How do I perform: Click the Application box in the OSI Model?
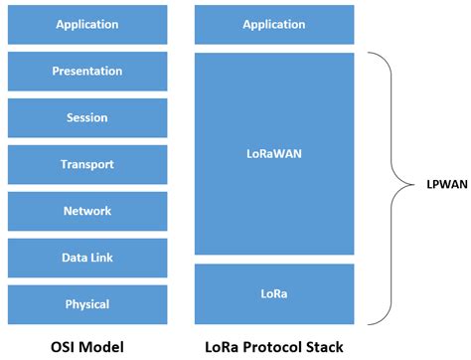click(x=87, y=24)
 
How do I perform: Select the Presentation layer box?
click(x=87, y=71)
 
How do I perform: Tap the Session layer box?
click(x=87, y=117)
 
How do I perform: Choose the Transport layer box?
click(x=87, y=164)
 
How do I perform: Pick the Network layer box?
click(x=87, y=211)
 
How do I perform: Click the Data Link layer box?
click(x=87, y=258)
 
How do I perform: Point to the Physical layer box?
click(x=87, y=304)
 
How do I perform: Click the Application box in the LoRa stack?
click(x=273, y=24)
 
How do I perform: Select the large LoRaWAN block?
click(x=273, y=154)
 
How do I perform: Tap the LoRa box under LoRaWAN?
click(x=273, y=293)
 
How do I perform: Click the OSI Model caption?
click(x=87, y=346)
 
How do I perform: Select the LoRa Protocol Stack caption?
click(x=274, y=346)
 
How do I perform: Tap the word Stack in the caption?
click(x=326, y=346)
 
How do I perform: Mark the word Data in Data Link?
click(x=75, y=258)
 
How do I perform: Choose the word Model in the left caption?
click(x=103, y=346)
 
